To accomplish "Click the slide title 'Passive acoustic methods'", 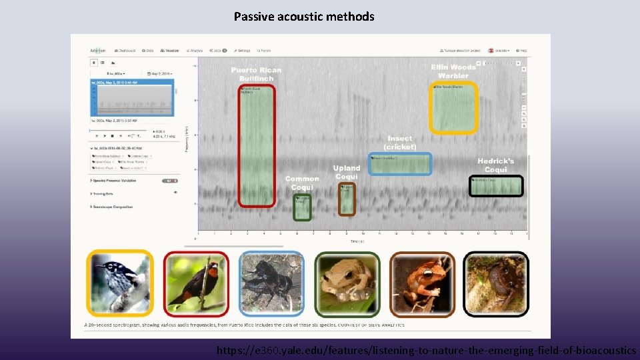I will pos(304,17).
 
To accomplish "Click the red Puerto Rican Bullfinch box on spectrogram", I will pos(256,146).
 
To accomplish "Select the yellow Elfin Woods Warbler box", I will pos(453,108).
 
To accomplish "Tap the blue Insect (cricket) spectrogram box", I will pos(399,164).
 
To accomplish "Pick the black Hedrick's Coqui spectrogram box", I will pos(496,186).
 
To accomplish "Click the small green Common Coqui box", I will pos(302,207).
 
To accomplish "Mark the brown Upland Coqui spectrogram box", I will pos(347,199).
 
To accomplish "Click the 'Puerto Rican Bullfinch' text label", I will pos(256,74).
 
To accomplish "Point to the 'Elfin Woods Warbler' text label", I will pos(453,71).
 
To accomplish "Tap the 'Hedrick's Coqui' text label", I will pos(495,165).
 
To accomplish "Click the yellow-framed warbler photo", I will pos(120,283).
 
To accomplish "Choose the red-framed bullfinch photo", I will pos(196,283).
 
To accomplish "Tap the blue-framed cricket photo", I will pos(271,283).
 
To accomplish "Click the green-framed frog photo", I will pos(347,283).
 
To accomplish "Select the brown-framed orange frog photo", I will pos(422,283).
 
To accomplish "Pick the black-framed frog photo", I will pos(496,283).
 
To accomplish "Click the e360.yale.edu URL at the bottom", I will pos(426,350).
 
